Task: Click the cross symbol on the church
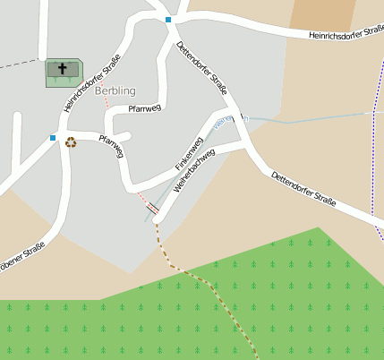[64, 68]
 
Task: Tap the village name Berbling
[115, 90]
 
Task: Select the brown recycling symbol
[71, 141]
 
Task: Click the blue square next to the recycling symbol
[54, 138]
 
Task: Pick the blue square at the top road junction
[168, 19]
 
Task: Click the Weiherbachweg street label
[194, 168]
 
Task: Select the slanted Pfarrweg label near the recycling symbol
[111, 147]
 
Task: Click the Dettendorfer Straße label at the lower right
[303, 189]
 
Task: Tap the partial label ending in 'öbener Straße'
[21, 261]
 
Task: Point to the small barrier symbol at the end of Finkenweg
[152, 208]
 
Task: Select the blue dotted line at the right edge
[373, 152]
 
